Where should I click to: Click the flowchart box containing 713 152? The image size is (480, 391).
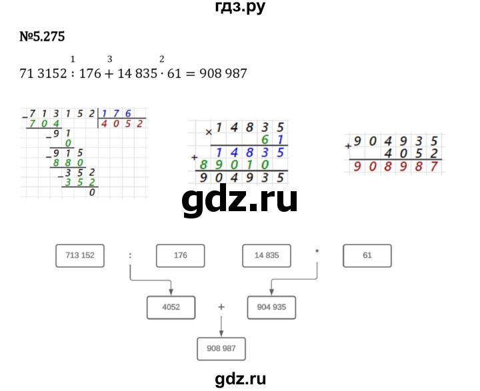pos(80,255)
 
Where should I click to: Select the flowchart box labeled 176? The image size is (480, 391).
pos(180,255)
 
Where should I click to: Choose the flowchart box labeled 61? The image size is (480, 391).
pos(367,255)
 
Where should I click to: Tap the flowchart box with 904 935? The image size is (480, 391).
pos(271,307)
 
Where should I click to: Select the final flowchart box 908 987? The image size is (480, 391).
pos(222,348)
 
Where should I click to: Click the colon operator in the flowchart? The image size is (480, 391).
pos(130,254)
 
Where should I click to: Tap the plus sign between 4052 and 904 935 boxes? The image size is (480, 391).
pos(221,306)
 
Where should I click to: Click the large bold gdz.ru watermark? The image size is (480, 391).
pos(239,199)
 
